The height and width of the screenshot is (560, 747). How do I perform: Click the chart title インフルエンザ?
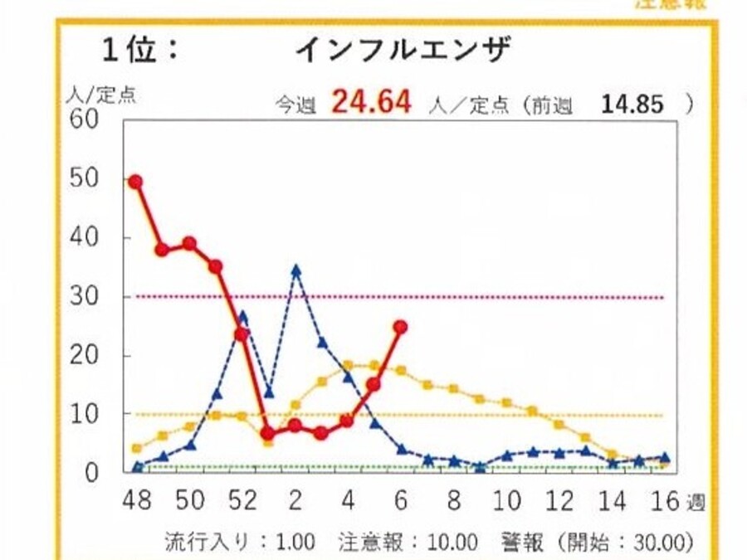[x=403, y=51]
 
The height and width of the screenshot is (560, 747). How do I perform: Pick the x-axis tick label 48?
[x=137, y=502]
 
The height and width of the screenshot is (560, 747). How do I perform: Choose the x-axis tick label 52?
[x=242, y=502]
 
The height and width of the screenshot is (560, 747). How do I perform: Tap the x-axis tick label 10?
[x=507, y=502]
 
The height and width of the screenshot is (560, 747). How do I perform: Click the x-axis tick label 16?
[x=665, y=502]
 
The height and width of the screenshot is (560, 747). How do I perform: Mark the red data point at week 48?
[x=135, y=181]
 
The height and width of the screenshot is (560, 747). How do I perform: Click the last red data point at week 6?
[x=400, y=327]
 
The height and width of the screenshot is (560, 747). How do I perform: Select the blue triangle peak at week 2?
[x=295, y=270]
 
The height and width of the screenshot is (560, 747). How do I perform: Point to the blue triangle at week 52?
[x=242, y=316]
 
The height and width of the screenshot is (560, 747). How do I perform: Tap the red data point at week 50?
[x=189, y=243]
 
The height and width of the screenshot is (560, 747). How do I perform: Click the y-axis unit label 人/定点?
[x=100, y=95]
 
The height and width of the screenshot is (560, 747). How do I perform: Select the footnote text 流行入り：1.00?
[x=241, y=543]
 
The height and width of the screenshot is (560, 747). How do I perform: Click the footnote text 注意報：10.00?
[x=408, y=543]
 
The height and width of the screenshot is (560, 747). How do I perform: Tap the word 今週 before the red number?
[x=296, y=105]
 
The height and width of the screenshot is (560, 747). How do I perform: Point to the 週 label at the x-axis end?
[x=695, y=502]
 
